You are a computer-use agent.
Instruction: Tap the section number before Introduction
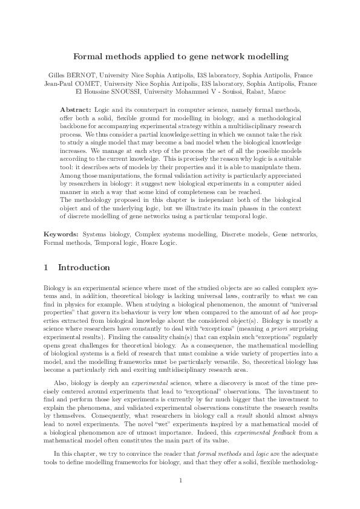[47, 267]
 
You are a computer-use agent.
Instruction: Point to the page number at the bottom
[180, 481]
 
